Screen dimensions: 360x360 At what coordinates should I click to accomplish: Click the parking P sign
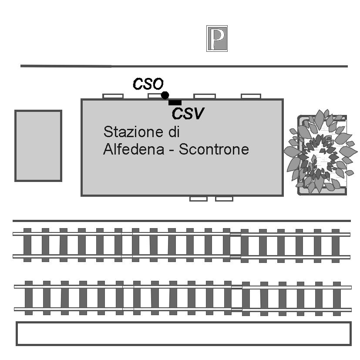pyautogui.click(x=217, y=38)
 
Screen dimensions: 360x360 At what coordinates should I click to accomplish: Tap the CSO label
pyautogui.click(x=148, y=84)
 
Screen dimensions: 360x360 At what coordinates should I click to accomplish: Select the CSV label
pyautogui.click(x=188, y=114)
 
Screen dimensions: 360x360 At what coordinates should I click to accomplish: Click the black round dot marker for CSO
pyautogui.click(x=165, y=95)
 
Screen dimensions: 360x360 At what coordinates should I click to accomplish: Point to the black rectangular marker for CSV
pyautogui.click(x=175, y=102)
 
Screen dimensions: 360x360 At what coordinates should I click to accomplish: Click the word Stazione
pyautogui.click(x=128, y=131)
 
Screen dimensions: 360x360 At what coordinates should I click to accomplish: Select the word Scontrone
pyautogui.click(x=214, y=149)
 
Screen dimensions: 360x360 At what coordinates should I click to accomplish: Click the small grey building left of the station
pyautogui.click(x=38, y=145)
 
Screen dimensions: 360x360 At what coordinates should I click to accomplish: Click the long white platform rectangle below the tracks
pyautogui.click(x=183, y=333)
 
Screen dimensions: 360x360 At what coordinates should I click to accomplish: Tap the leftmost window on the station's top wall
pyautogui.click(x=113, y=96)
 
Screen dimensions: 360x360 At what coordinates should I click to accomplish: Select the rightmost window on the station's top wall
pyautogui.click(x=251, y=96)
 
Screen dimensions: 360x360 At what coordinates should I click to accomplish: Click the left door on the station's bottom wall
pyautogui.click(x=199, y=199)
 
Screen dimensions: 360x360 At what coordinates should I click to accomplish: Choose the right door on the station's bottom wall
pyautogui.click(x=224, y=199)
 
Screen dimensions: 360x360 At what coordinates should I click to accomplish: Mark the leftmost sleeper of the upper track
pyautogui.click(x=27, y=245)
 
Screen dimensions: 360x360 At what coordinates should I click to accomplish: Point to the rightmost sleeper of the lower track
pyautogui.click(x=336, y=298)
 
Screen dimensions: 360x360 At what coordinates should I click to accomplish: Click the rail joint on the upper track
pyautogui.click(x=236, y=245)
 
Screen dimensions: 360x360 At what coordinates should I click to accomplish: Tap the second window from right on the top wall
pyautogui.click(x=204, y=96)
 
